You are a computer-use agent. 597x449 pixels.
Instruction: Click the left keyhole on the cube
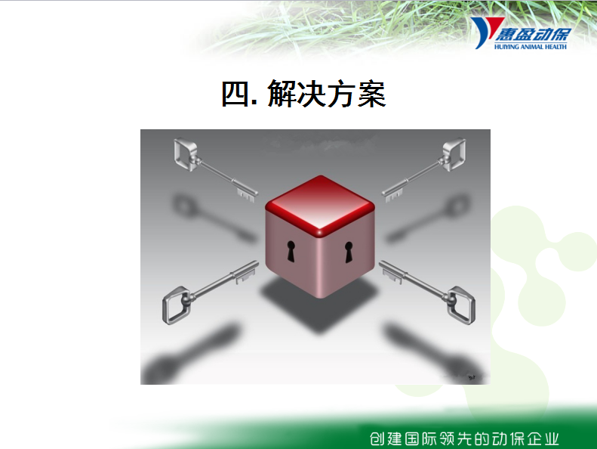(291, 252)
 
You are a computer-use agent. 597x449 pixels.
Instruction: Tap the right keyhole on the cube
(349, 252)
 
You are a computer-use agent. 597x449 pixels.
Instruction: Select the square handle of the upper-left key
(186, 153)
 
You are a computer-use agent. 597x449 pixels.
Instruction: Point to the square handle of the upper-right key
(454, 153)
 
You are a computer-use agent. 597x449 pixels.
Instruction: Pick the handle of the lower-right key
(461, 305)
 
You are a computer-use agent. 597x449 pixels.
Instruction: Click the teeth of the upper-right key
(394, 194)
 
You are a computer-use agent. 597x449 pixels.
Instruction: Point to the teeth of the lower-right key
(392, 275)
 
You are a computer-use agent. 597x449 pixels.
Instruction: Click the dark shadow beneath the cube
(319, 306)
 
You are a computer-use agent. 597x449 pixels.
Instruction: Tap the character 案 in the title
(371, 94)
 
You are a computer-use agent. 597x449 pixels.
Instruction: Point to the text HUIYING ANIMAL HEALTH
(531, 47)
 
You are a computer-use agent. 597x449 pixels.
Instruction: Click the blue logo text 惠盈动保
(532, 34)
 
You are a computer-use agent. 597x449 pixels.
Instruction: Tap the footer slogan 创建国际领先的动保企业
(464, 438)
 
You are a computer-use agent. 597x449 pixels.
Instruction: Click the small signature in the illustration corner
(472, 377)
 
